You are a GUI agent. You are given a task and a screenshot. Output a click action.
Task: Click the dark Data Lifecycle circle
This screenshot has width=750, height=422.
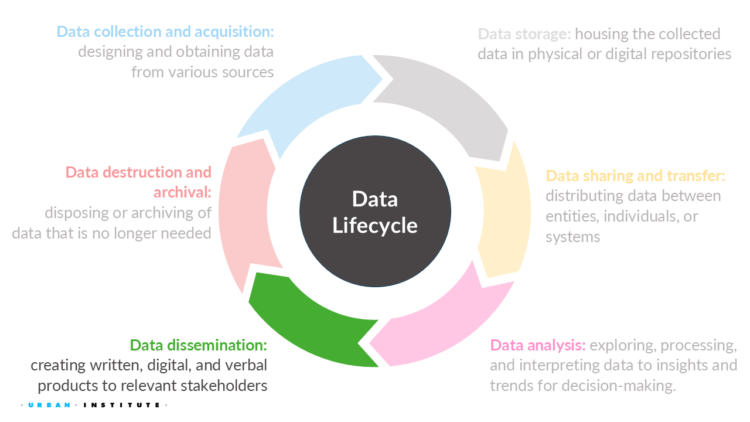click(375, 211)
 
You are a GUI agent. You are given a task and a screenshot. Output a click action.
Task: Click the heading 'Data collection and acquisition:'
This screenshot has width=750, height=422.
click(165, 32)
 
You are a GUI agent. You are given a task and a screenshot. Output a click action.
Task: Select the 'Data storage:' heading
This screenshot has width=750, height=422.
click(524, 34)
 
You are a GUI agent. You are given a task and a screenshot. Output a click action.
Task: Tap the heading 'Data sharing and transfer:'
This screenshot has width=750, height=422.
click(635, 175)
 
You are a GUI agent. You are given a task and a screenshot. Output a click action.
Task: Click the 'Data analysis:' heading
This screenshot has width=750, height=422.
click(538, 345)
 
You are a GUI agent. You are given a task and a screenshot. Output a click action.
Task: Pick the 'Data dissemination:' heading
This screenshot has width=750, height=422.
click(199, 345)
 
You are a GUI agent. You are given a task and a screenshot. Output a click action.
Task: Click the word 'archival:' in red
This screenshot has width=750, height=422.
click(182, 192)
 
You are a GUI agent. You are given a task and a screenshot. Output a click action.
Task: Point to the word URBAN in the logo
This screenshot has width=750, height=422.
click(50, 405)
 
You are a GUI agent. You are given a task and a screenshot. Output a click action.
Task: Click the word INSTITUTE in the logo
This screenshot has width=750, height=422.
click(121, 405)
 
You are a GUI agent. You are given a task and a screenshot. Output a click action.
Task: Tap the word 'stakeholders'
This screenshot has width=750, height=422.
click(224, 386)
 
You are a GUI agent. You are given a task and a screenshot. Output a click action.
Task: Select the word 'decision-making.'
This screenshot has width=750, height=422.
click(619, 386)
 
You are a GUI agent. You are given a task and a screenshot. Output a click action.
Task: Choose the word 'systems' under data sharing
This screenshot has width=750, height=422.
click(573, 237)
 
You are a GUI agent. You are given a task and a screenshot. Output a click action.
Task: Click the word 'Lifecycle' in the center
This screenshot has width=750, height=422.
click(374, 226)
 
